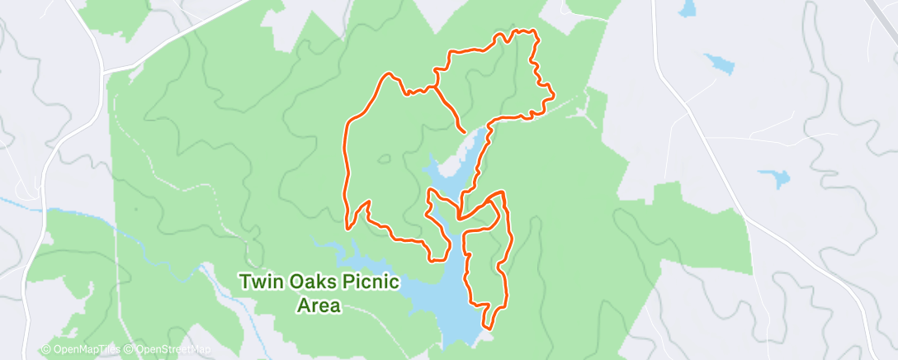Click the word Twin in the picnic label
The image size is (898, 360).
pyautogui.click(x=259, y=282)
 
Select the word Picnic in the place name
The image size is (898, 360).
pyautogui.click(x=370, y=282)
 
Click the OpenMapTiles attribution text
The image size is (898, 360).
pyautogui.click(x=82, y=350)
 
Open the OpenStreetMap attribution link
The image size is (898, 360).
pyautogui.click(x=168, y=350)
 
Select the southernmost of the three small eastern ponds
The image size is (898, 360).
pyautogui.click(x=774, y=178)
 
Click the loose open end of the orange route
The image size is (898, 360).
pyautogui.click(x=462, y=130)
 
